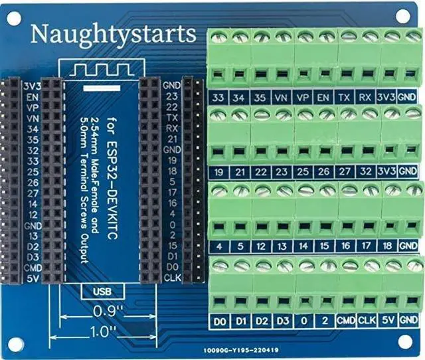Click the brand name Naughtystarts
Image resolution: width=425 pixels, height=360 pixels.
[114, 33]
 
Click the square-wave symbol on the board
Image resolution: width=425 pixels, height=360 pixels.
[100, 68]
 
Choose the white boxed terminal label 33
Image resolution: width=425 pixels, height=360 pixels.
[218, 98]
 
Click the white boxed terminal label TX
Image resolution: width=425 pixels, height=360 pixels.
[345, 98]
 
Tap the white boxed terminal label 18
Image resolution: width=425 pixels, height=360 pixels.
[386, 246]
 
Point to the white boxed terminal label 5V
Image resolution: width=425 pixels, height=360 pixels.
[388, 321]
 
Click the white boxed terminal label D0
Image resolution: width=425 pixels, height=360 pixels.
[220, 321]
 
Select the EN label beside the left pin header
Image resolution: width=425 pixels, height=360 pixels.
[31, 96]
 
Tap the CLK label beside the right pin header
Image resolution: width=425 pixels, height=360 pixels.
[172, 277]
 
